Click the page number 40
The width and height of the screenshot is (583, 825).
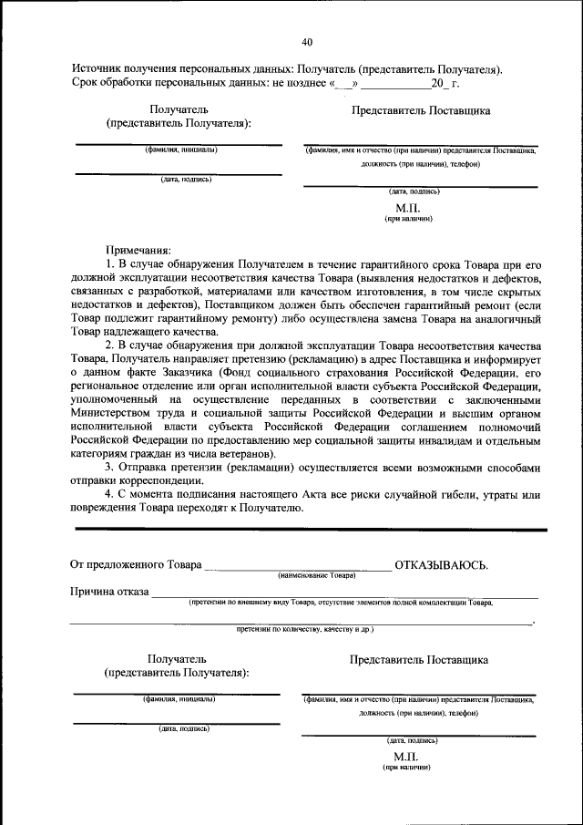306,42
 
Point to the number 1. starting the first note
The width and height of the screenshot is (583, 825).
111,263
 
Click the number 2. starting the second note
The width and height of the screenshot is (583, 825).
111,345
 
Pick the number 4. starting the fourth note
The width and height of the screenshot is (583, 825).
111,496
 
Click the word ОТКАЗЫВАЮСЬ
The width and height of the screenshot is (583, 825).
441,565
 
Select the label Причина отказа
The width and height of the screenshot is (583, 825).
109,592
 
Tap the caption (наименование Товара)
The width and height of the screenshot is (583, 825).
316,576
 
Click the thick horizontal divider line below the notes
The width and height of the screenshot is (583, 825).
310,529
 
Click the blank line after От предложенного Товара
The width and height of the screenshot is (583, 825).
297,568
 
